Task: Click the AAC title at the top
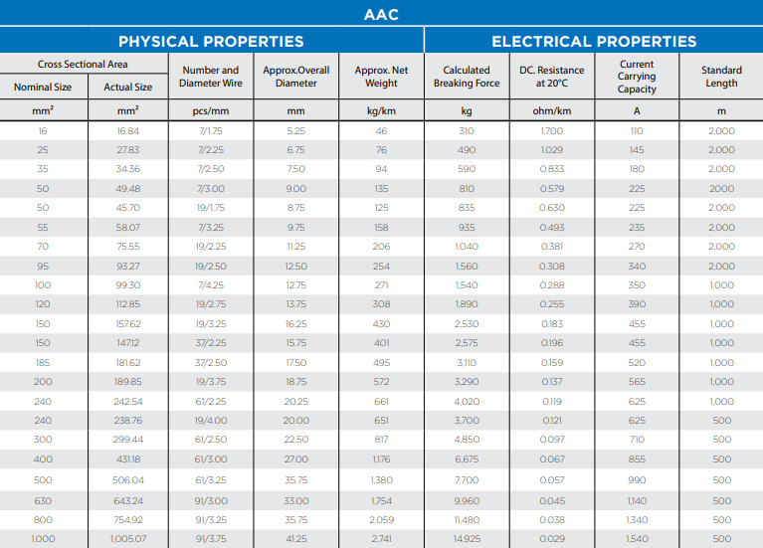pyautogui.click(x=382, y=15)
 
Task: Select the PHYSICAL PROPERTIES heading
pyautogui.click(x=211, y=41)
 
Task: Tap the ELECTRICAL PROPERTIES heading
pyautogui.click(x=594, y=41)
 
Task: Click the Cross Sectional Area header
pyautogui.click(x=84, y=65)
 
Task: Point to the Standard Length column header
pyautogui.click(x=721, y=77)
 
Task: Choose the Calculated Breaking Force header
pyautogui.click(x=467, y=77)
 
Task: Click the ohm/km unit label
pyautogui.click(x=552, y=111)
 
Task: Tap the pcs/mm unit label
pyautogui.click(x=211, y=111)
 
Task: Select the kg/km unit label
pyautogui.click(x=381, y=111)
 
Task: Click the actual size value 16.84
pyautogui.click(x=128, y=131)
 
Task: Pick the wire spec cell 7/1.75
pyautogui.click(x=211, y=131)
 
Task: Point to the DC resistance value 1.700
pyautogui.click(x=552, y=131)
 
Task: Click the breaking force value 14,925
pyautogui.click(x=467, y=538)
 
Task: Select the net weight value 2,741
pyautogui.click(x=381, y=538)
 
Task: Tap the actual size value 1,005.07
pyautogui.click(x=128, y=538)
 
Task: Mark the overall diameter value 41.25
pyautogui.click(x=296, y=538)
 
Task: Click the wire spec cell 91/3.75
pyautogui.click(x=211, y=538)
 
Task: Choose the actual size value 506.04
pyautogui.click(x=128, y=480)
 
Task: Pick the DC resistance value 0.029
pyautogui.click(x=552, y=538)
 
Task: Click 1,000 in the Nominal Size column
pyautogui.click(x=43, y=538)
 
